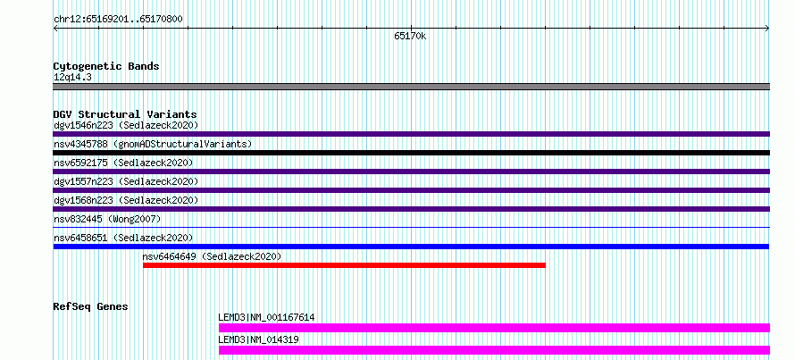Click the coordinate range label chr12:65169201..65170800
coord(118,20)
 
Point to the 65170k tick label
coord(410,36)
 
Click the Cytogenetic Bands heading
coord(106,66)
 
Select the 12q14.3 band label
coord(72,77)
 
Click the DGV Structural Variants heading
coord(125,114)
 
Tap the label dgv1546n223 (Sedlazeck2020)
coord(126,125)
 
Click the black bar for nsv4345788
coord(411,153)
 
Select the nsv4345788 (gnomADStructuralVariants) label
coord(153,144)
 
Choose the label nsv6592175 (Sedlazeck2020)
coord(123,163)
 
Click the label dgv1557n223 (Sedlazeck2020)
coord(126,181)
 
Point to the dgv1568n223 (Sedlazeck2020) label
coord(126,200)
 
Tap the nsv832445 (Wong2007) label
coord(107,219)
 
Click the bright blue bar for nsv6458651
coord(411,247)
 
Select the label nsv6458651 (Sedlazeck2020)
coord(123,238)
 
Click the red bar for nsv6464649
coord(344,265)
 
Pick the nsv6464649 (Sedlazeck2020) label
coord(212,256)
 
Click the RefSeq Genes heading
coord(91,306)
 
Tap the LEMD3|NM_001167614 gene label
coord(266,318)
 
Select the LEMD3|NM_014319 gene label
coord(258,339)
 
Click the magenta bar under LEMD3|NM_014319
coord(494,350)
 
